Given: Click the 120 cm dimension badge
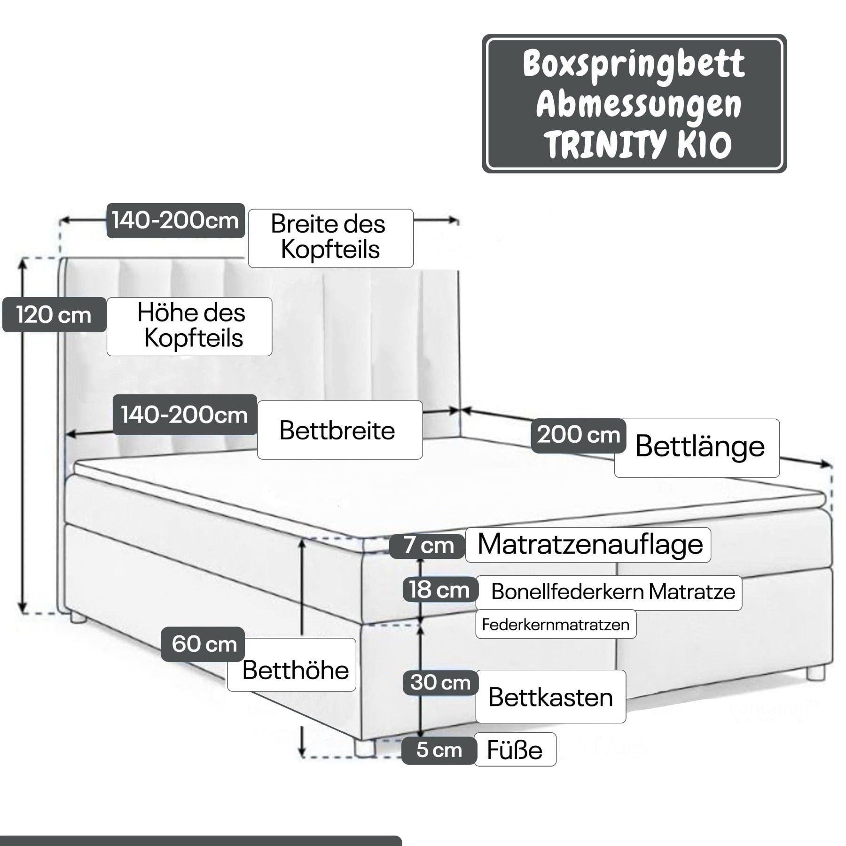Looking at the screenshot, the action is pyautogui.click(x=54, y=315).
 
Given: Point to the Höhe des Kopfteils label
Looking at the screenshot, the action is pyautogui.click(x=189, y=326).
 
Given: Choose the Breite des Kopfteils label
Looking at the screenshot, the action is pyautogui.click(x=331, y=238).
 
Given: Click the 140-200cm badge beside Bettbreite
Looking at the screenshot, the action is pyautogui.click(x=185, y=415).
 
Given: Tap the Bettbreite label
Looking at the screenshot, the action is pyautogui.click(x=340, y=430).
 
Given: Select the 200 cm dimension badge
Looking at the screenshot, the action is pyautogui.click(x=579, y=435).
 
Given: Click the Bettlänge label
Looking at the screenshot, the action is pyautogui.click(x=697, y=448).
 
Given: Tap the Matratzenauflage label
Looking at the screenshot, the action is pyautogui.click(x=588, y=545).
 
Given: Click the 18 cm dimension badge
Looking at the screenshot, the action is pyautogui.click(x=440, y=589).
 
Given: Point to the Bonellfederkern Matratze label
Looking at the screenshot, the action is pyautogui.click(x=609, y=593).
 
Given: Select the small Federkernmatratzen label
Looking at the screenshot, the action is pyautogui.click(x=556, y=624).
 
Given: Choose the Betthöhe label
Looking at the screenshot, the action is pyautogui.click(x=292, y=665).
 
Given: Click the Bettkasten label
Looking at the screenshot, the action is pyautogui.click(x=551, y=697).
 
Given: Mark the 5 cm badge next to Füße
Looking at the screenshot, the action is pyautogui.click(x=439, y=750).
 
